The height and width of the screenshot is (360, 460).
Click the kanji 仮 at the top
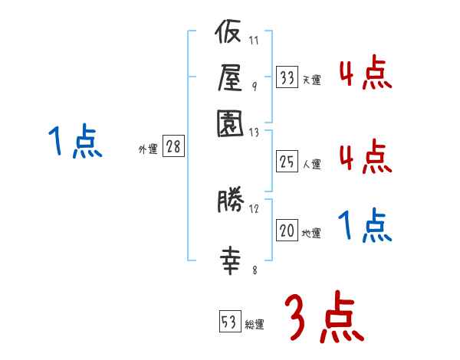pyautogui.click(x=229, y=35)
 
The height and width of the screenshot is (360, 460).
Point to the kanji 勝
pyautogui.click(x=229, y=202)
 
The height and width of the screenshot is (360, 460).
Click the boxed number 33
pyautogui.click(x=287, y=77)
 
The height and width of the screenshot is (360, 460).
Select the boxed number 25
pyautogui.click(x=287, y=161)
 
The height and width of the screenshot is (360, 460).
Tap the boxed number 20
pyautogui.click(x=287, y=231)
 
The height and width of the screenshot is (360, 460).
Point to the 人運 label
pyautogui.click(x=311, y=163)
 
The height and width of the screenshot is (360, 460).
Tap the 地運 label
pyautogui.click(x=311, y=233)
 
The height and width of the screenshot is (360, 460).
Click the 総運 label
pyautogui.click(x=255, y=324)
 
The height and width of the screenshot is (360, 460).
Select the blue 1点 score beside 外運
pyautogui.click(x=74, y=142)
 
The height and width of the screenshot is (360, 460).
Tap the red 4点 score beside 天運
pyautogui.click(x=365, y=74)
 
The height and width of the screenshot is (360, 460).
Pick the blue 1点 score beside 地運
pyautogui.click(x=365, y=226)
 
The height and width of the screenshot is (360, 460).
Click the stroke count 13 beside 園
pyautogui.click(x=255, y=132)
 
